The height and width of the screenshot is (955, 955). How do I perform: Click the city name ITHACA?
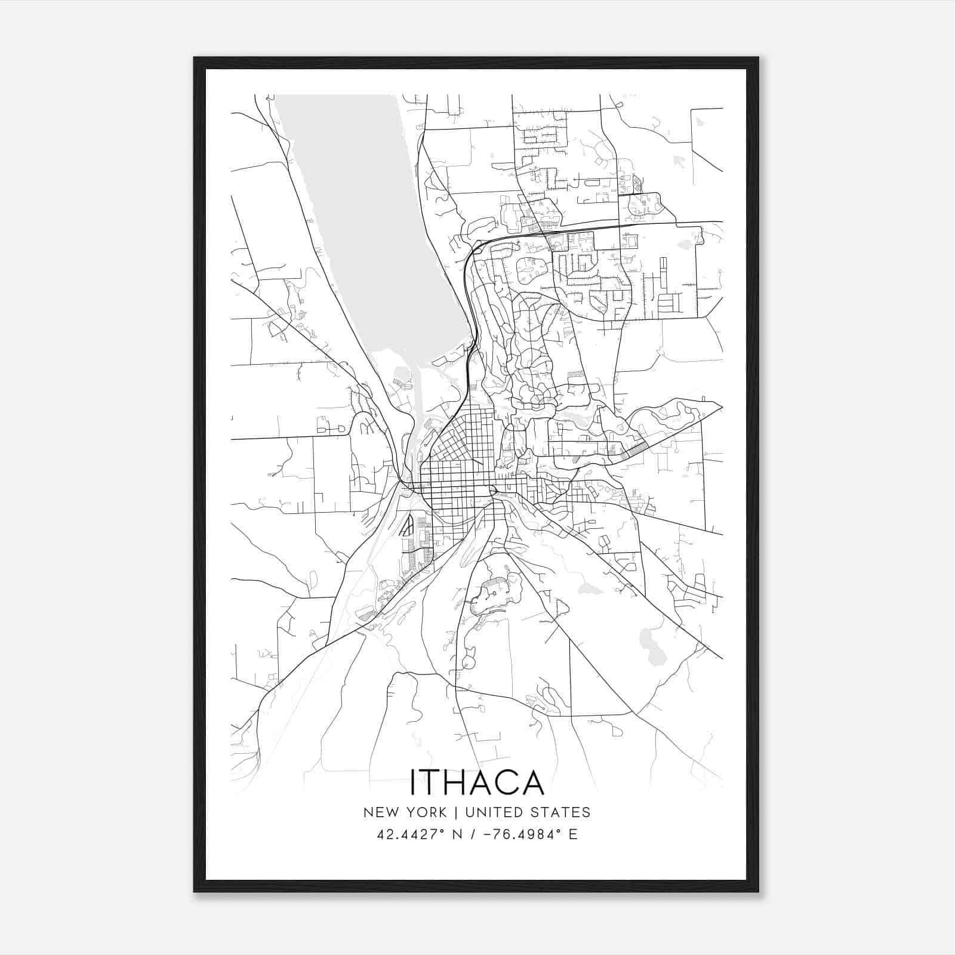pyautogui.click(x=477, y=782)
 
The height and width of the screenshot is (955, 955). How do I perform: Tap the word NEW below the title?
pyautogui.click(x=380, y=812)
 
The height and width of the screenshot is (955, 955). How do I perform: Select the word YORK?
pyautogui.click(x=424, y=812)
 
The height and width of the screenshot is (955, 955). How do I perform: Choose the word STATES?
pyautogui.click(x=561, y=812)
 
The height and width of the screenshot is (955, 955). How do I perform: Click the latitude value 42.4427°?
pyautogui.click(x=411, y=834)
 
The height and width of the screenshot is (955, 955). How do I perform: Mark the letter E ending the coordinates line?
pyautogui.click(x=573, y=834)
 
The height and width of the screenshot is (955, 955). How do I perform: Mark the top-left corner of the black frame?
pyautogui.click(x=195, y=58)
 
